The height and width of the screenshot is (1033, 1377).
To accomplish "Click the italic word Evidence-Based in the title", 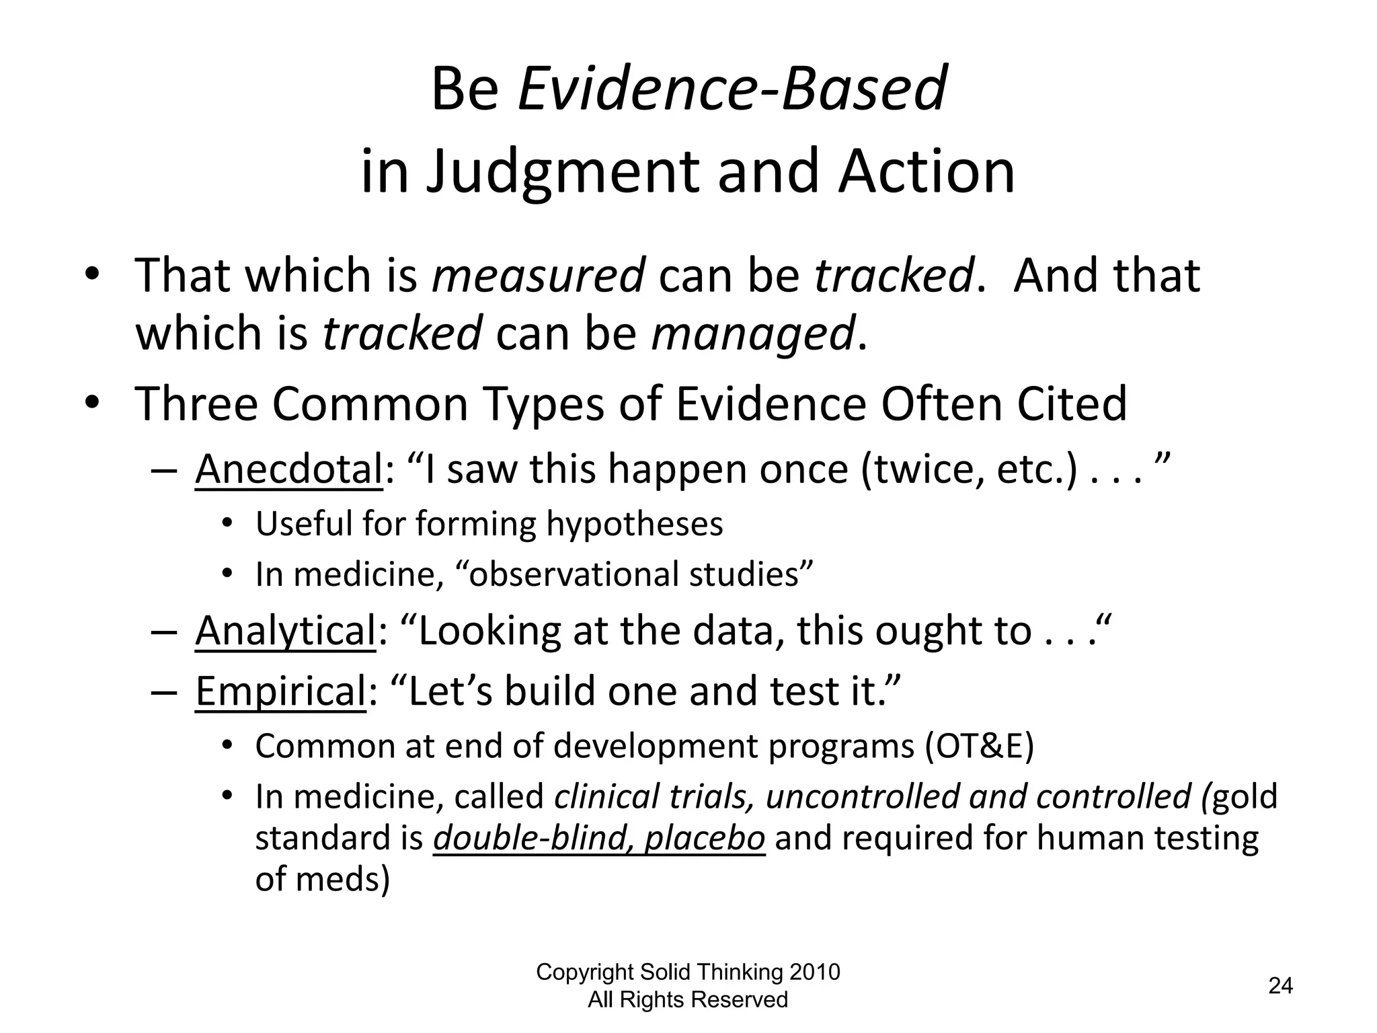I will [x=732, y=89].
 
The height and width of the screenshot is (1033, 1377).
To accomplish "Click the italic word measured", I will [x=538, y=276].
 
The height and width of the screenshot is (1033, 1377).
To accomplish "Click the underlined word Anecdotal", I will [x=288, y=469].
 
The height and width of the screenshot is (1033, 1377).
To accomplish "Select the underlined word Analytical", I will [x=285, y=632].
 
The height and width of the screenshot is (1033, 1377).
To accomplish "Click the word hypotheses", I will [x=634, y=525].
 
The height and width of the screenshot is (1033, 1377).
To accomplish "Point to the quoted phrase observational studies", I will [x=634, y=575].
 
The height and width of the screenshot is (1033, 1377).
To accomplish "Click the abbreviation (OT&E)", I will [x=978, y=746].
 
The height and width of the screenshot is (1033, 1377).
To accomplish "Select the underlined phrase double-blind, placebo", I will [x=599, y=839].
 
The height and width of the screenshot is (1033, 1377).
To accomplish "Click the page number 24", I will [x=1280, y=986].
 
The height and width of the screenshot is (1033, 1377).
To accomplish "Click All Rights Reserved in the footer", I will [x=688, y=1000].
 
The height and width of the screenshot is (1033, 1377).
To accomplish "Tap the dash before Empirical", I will [x=165, y=692].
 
